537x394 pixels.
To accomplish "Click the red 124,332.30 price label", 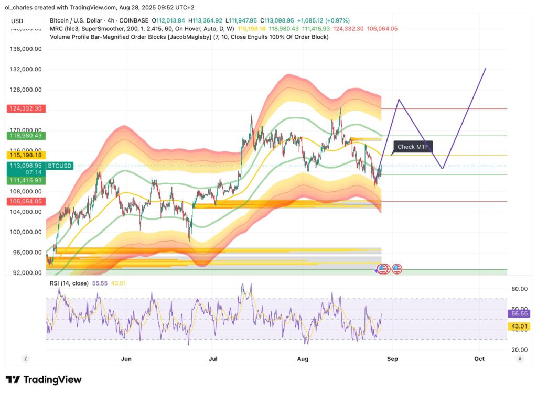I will [25, 108].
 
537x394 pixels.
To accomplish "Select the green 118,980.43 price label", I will [25, 135].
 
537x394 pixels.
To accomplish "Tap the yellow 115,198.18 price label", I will [25, 155].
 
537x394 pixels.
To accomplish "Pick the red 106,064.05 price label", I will [25, 201].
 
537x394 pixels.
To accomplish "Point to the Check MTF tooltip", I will [413, 147].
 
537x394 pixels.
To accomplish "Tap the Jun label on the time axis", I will [126, 359].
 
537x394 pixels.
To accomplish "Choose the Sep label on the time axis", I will [393, 359].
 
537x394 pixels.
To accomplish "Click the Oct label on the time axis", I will [479, 359].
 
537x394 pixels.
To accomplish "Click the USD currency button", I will [17, 21].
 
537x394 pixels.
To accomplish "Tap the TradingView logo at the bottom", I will [44, 380].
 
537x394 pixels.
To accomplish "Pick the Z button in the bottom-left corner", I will [25, 359].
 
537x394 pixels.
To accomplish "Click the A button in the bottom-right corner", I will [519, 359].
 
